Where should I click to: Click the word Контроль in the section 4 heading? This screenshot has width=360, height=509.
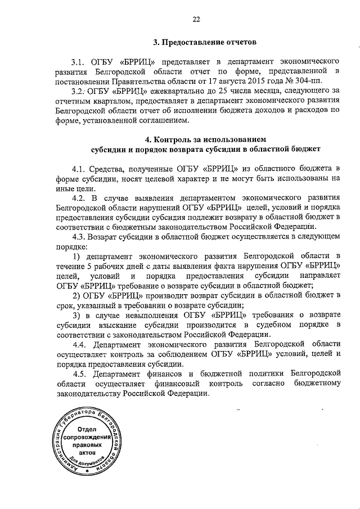[x=173, y=138]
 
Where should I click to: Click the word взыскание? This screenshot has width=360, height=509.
[x=114, y=325]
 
